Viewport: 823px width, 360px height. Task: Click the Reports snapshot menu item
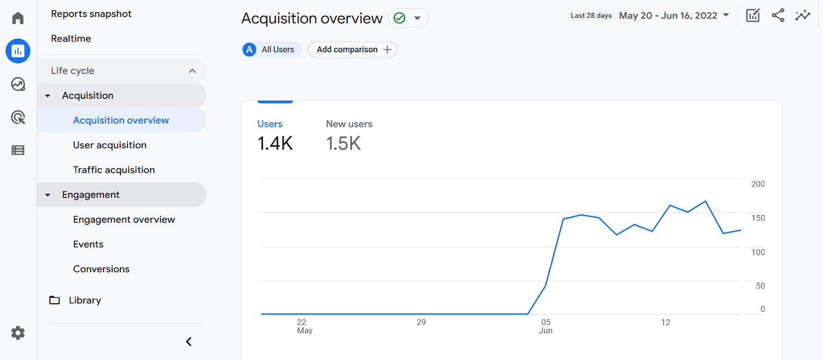(91, 14)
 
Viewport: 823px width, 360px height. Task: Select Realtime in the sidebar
(71, 39)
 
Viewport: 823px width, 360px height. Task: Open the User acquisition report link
(110, 145)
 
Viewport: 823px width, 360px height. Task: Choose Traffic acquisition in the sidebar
(114, 170)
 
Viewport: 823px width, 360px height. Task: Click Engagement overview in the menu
(124, 220)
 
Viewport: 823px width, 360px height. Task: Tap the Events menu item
(88, 244)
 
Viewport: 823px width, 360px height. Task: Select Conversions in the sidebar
(101, 269)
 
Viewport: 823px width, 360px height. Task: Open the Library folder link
(84, 300)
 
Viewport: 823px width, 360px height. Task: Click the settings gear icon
(18, 333)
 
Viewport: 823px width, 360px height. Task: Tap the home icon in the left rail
(18, 19)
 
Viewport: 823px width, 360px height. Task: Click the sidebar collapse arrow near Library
(189, 341)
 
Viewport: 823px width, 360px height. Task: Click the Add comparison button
(353, 49)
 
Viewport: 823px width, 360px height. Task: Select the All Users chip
(272, 49)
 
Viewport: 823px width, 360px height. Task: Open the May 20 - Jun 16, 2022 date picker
(674, 15)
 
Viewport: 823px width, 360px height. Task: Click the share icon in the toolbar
(778, 15)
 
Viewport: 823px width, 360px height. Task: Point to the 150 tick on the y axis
(758, 218)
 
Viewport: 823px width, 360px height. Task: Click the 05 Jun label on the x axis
(546, 326)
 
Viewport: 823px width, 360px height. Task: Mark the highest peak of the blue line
(705, 201)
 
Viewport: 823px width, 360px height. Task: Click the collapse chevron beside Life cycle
(192, 71)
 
